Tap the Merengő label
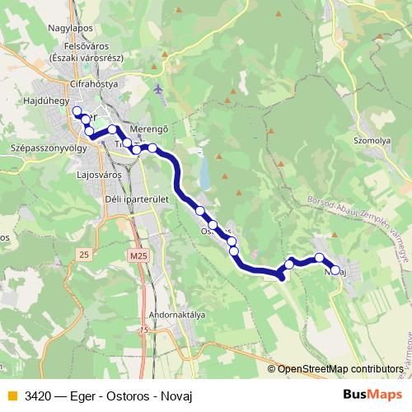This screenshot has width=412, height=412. click(x=148, y=129)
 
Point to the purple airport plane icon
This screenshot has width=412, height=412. click(x=159, y=88)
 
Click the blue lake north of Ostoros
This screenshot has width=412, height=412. click(x=204, y=174)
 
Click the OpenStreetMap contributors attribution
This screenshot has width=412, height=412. click(x=340, y=370)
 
